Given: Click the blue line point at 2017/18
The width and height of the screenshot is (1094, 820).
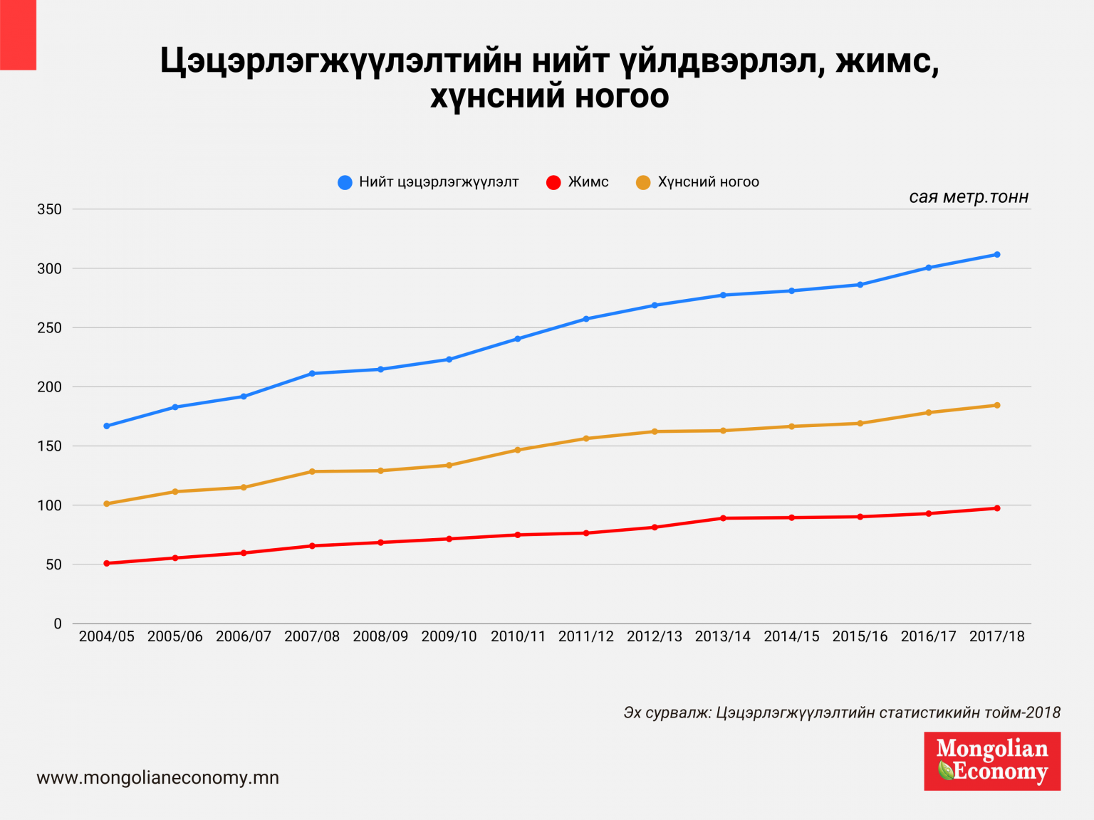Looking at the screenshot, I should [x=996, y=254].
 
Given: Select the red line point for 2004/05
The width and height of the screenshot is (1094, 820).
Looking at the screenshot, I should [x=107, y=563].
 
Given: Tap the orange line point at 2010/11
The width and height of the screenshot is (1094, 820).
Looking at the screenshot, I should [x=518, y=450].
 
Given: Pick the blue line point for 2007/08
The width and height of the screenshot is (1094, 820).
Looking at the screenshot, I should [x=312, y=373].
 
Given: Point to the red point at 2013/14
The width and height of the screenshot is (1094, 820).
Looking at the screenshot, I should [x=723, y=518].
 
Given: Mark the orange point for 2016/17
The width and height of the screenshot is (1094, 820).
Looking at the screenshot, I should [x=928, y=412].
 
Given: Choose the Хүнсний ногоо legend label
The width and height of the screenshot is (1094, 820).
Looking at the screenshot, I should [x=708, y=182].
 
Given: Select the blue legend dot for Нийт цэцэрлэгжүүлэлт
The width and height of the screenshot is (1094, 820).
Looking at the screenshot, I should [x=345, y=183].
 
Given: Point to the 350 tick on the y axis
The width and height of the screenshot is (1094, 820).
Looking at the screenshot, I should [x=49, y=209].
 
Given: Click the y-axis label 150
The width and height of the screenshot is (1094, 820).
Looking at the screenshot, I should [x=49, y=446].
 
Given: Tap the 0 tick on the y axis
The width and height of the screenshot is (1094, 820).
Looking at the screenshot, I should [x=58, y=624].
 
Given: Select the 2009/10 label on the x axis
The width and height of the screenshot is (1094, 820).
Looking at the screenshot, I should [x=449, y=636].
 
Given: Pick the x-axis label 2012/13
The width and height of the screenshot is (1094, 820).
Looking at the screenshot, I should [x=654, y=636].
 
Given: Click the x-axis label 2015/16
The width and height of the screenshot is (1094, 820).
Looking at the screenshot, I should [x=860, y=636].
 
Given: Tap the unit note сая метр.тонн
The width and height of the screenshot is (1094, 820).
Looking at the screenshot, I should [x=968, y=197].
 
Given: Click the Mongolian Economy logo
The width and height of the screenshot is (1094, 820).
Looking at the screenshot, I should [x=991, y=761].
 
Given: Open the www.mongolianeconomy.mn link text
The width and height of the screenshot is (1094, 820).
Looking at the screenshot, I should [x=157, y=778].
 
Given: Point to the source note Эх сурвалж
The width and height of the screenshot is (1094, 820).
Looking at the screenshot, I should [x=841, y=713].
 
